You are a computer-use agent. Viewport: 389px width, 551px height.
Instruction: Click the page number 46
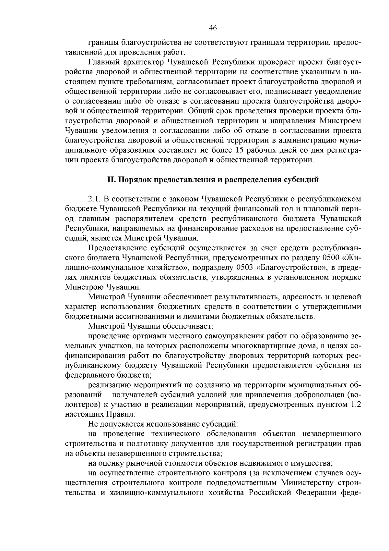(213, 28)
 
